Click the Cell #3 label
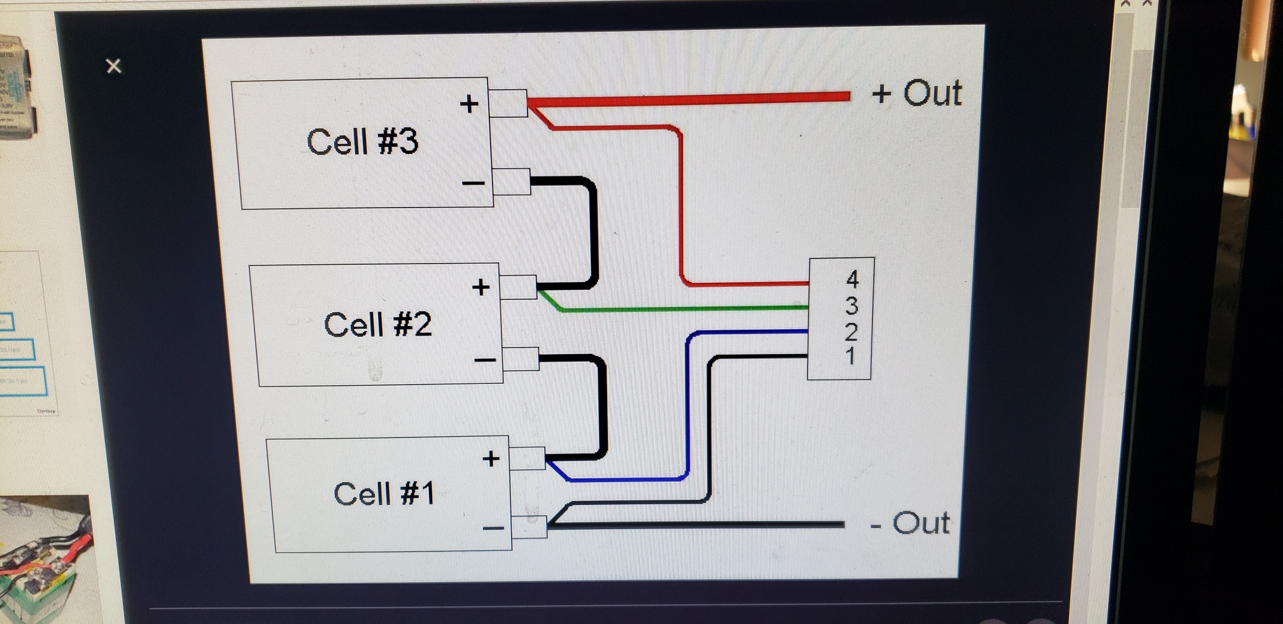coord(363,141)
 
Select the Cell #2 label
coord(378,325)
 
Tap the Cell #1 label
coord(384,493)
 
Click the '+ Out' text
coord(917,93)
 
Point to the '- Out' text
coord(910,523)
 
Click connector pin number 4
coord(852,280)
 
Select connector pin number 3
coord(852,306)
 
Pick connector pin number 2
coord(851,332)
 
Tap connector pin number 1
coord(850,356)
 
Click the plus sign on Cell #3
coord(469,104)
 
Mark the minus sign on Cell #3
coord(473,183)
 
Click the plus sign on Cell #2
coord(481,287)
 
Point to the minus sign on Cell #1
coord(493,528)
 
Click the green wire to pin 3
coord(675,309)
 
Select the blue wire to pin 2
coord(688,408)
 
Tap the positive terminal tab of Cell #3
coord(508,103)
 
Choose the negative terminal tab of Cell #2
coord(521,359)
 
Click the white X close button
coord(114,66)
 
